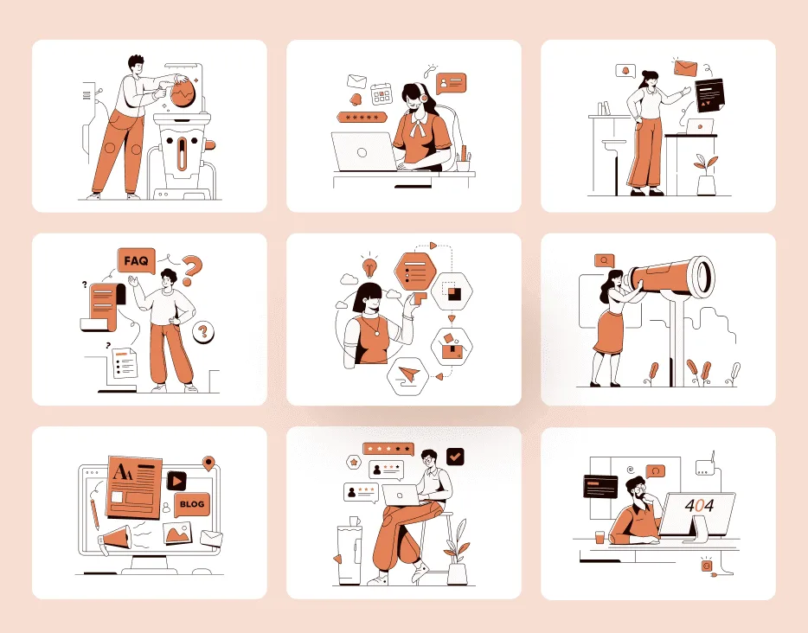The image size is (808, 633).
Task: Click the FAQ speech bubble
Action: point(136,260)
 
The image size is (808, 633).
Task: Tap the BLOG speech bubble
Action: point(192,504)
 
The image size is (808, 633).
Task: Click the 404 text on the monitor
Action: point(699,505)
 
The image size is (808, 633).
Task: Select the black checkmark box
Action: point(455,457)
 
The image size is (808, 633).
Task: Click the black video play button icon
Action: point(176,481)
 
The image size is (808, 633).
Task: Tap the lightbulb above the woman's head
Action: point(369,267)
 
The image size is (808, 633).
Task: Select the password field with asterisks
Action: point(362,118)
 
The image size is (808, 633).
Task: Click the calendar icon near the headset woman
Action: point(382,95)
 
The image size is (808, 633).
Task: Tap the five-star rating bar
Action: point(388,449)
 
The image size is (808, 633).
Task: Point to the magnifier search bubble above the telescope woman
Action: point(605,261)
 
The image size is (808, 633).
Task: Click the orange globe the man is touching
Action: point(183,93)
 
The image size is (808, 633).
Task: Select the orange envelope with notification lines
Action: point(685,67)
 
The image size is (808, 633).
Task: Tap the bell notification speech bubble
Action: point(625,71)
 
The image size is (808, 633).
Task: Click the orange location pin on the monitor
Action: point(208,463)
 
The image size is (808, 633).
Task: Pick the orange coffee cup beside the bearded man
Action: point(600,537)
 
